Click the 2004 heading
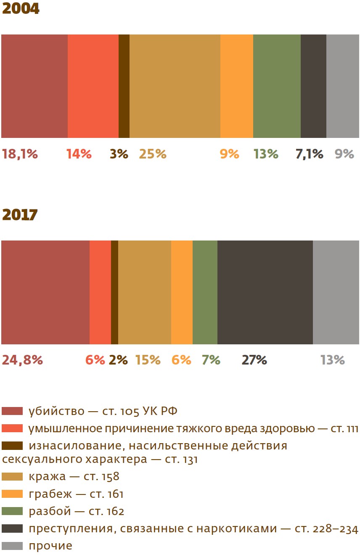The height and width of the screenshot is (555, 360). (21, 8)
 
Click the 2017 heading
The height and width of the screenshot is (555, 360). (20, 214)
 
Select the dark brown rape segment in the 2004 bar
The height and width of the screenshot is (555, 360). (124, 86)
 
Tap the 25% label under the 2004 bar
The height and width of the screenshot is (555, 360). (153, 154)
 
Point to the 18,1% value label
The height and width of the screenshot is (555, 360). (20, 154)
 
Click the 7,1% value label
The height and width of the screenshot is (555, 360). (309, 154)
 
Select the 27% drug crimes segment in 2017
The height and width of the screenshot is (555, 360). (265, 292)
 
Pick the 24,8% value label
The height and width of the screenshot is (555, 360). (22, 360)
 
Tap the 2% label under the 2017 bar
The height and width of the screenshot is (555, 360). (118, 360)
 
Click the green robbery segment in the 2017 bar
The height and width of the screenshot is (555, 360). (205, 292)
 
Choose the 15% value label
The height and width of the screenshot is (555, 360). (148, 360)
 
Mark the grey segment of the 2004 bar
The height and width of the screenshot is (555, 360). (343, 86)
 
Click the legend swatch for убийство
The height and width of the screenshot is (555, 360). (12, 411)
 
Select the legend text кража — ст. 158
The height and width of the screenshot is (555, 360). (74, 476)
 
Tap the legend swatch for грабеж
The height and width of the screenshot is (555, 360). (12, 494)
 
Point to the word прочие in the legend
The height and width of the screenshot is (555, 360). (50, 546)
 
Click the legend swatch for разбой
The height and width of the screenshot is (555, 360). (12, 511)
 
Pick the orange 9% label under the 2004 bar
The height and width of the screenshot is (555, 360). (229, 154)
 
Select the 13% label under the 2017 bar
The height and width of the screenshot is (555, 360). (332, 360)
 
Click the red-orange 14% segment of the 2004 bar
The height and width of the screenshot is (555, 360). (93, 86)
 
